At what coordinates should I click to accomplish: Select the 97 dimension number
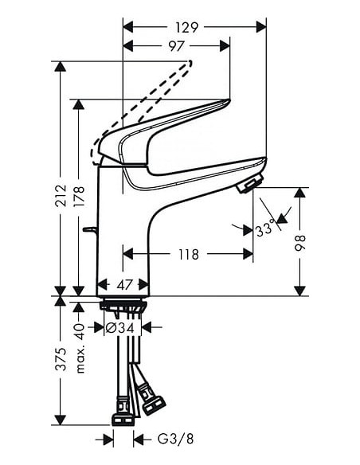(x=177, y=46)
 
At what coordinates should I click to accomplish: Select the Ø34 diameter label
(x=123, y=327)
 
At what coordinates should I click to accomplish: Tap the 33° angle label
(x=265, y=231)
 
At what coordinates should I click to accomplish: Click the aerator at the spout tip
(x=248, y=186)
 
